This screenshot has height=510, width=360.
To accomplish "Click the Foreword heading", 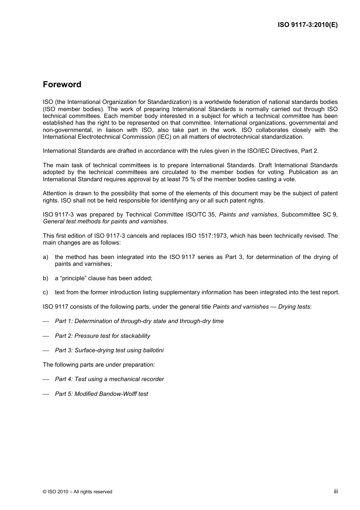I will click(62, 84).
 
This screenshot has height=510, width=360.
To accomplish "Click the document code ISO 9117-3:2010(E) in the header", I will click(307, 25).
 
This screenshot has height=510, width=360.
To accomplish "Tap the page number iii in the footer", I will click(336, 491).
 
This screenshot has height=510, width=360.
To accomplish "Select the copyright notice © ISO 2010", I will click(77, 491).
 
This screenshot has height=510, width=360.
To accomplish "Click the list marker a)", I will click(45, 257).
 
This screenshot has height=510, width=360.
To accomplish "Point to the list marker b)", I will click(45, 278).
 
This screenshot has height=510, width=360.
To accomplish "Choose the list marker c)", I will click(45, 292).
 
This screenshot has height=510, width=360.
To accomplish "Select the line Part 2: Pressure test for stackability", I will click(102, 336).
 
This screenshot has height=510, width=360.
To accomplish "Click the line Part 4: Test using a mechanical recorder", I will click(109, 379).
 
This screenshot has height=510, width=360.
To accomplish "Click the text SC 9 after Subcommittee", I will click(330, 215).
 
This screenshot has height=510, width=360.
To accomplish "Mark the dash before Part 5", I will click(46, 394).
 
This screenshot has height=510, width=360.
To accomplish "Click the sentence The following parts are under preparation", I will click(99, 365).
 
